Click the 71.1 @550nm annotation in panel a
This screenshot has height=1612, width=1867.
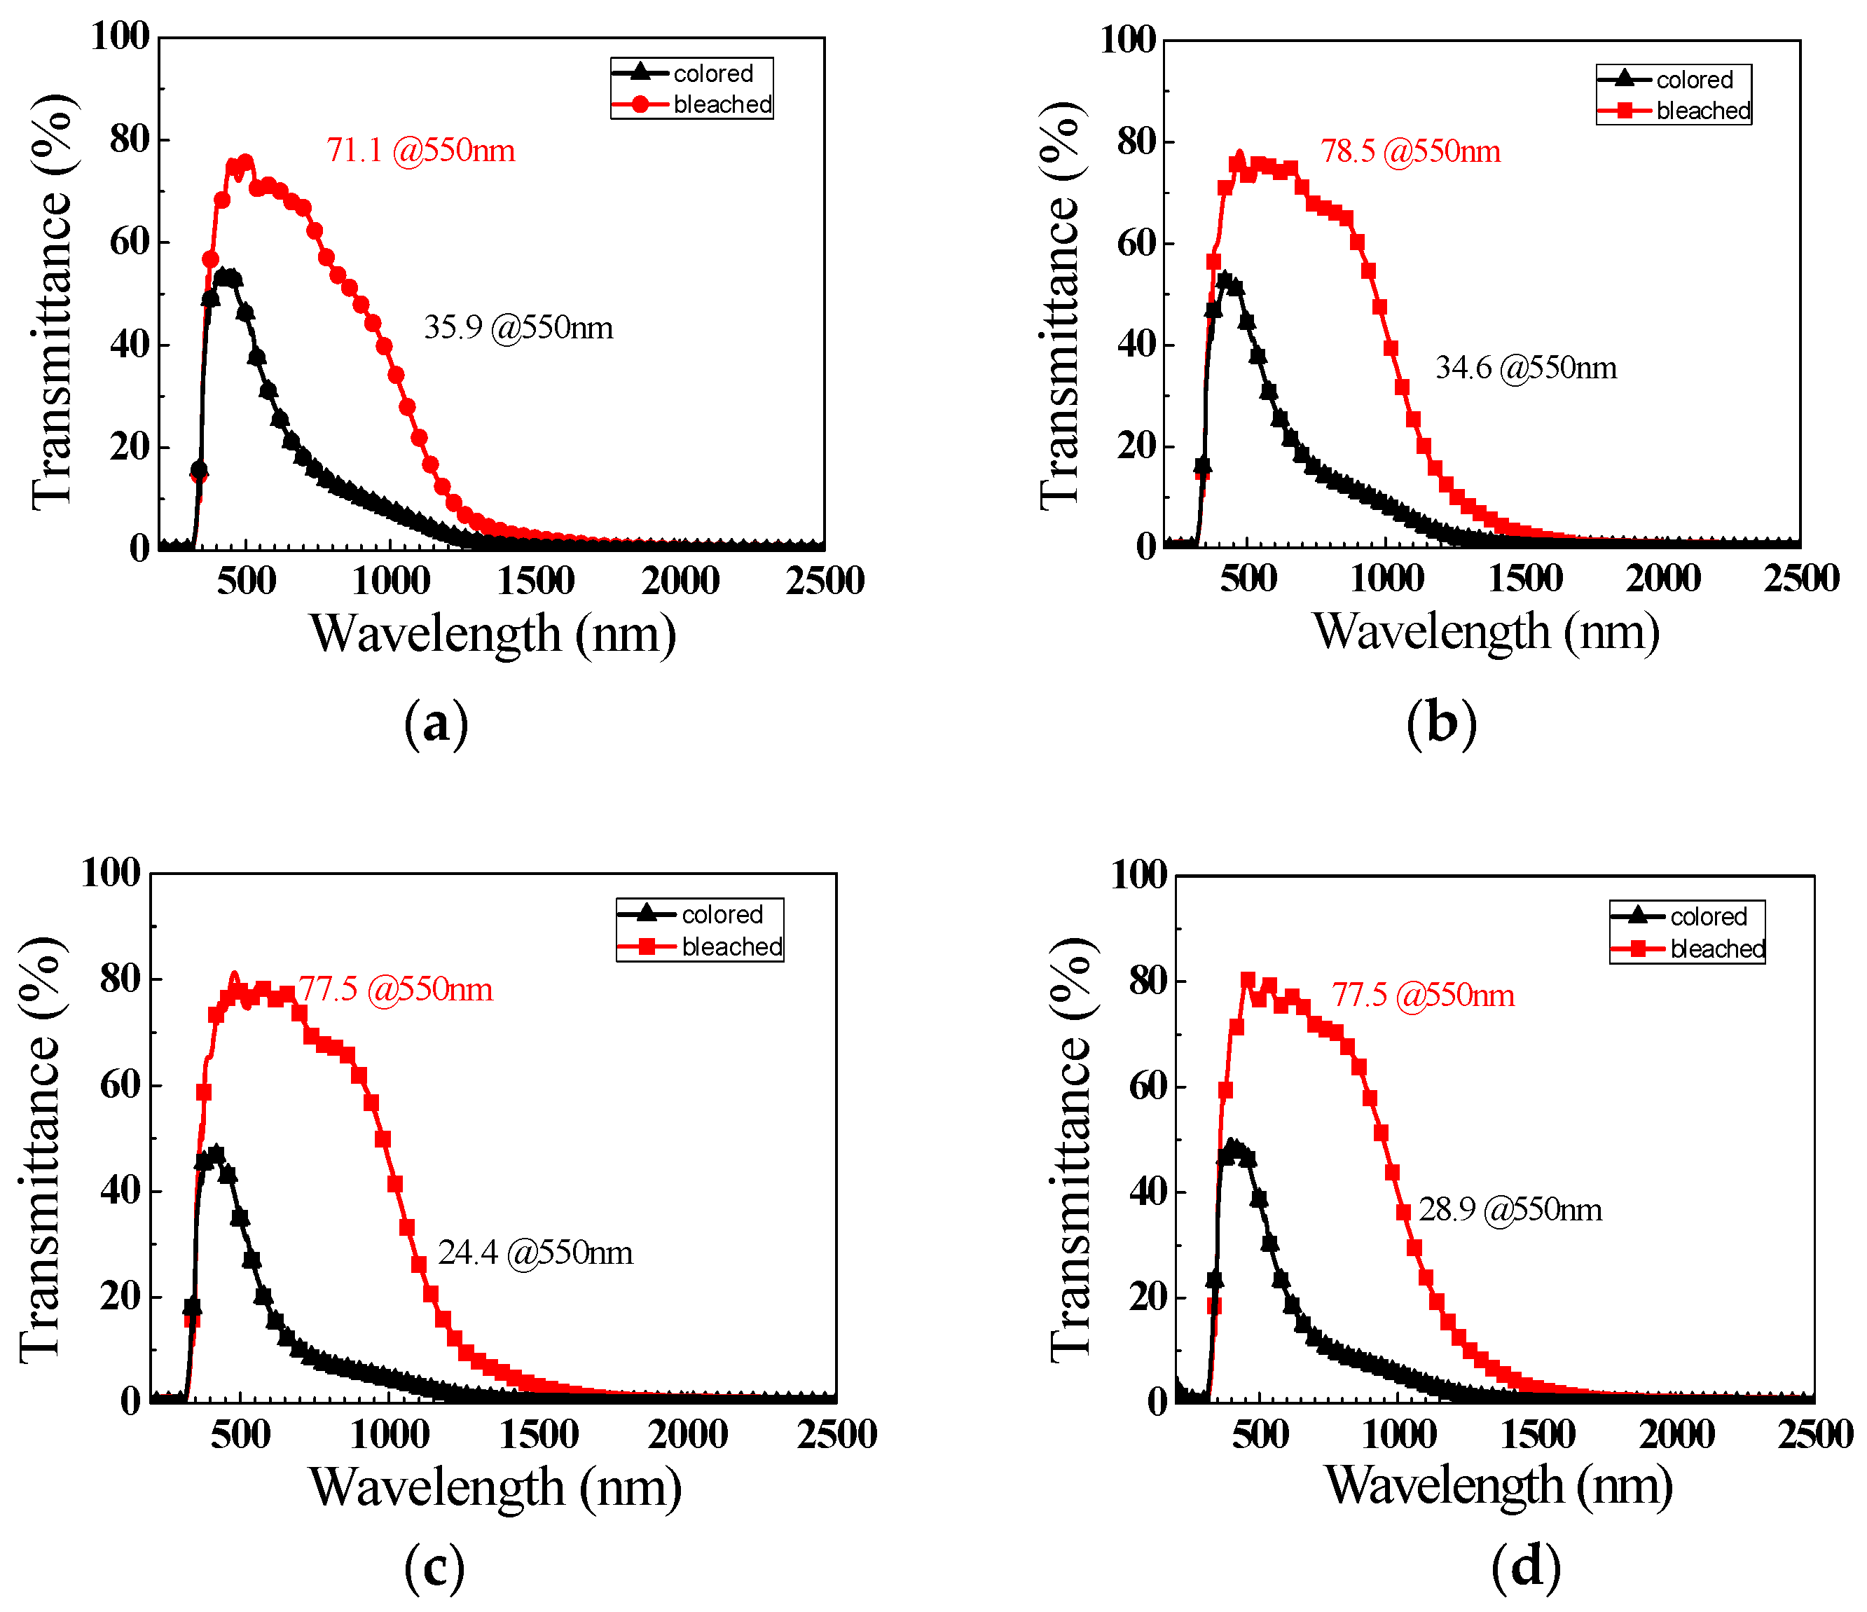coord(421,151)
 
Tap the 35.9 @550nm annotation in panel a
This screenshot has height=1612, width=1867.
coord(518,327)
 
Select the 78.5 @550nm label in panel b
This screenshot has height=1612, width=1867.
coord(1410,151)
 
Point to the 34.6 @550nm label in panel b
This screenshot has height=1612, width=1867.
coord(1526,368)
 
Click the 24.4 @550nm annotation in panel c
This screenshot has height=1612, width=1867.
coord(535,1253)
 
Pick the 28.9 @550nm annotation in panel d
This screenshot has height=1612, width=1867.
coord(1510,1209)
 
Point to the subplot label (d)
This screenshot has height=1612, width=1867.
coord(1526,1565)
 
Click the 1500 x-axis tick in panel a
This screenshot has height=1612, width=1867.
coord(535,581)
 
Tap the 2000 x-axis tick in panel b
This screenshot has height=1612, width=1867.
coord(1663,579)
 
